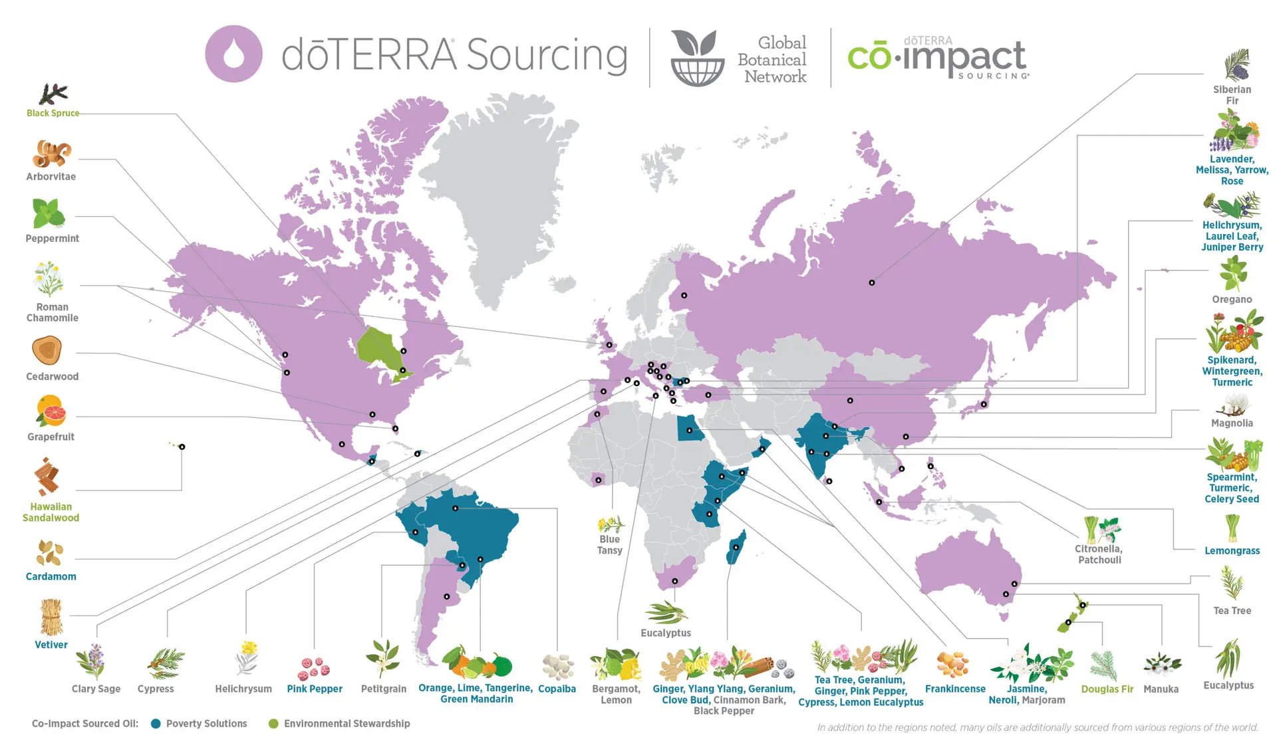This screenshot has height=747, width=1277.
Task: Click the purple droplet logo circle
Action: click(233, 54)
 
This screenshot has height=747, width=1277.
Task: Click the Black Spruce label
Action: click(53, 113)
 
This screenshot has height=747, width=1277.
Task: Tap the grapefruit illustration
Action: click(51, 411)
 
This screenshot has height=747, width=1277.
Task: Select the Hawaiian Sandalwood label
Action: click(51, 512)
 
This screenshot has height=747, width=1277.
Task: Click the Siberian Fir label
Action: click(1232, 95)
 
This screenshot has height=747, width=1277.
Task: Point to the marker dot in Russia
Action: click(871, 282)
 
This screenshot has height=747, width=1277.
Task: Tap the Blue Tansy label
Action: click(609, 545)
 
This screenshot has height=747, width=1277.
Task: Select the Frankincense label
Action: click(955, 689)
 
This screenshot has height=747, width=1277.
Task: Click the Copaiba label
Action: click(557, 689)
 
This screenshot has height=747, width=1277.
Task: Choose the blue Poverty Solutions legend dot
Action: click(156, 724)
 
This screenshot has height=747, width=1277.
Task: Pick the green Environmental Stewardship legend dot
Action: click(273, 724)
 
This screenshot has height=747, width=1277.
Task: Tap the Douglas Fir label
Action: click(1107, 689)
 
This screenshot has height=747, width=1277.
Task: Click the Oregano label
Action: click(1232, 300)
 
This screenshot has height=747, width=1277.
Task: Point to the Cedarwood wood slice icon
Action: click(47, 350)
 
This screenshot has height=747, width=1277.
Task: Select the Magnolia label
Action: click(1232, 423)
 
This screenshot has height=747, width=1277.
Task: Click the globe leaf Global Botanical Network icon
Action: click(697, 58)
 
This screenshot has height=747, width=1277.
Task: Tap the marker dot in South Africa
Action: click(674, 581)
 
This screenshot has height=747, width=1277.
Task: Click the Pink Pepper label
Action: click(315, 689)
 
